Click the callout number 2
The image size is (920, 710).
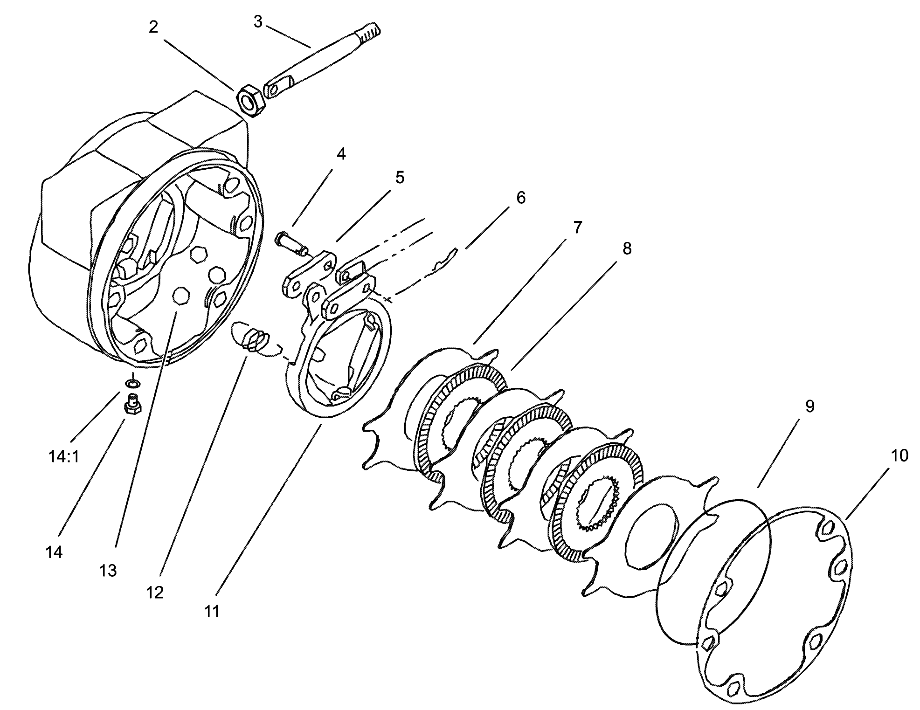click(153, 27)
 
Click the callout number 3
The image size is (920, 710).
click(258, 21)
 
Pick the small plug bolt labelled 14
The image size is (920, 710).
click(132, 404)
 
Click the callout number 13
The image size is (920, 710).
click(108, 570)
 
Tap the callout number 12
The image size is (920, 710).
click(155, 593)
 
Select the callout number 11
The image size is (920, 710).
click(212, 611)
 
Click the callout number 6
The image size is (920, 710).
click(520, 198)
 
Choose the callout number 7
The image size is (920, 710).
click(577, 227)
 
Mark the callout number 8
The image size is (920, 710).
click(627, 248)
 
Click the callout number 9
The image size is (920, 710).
click(809, 406)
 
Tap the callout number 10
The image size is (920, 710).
click(899, 455)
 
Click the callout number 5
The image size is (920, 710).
click(400, 178)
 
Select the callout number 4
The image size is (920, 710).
click(341, 154)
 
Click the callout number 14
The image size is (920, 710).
click(54, 552)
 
